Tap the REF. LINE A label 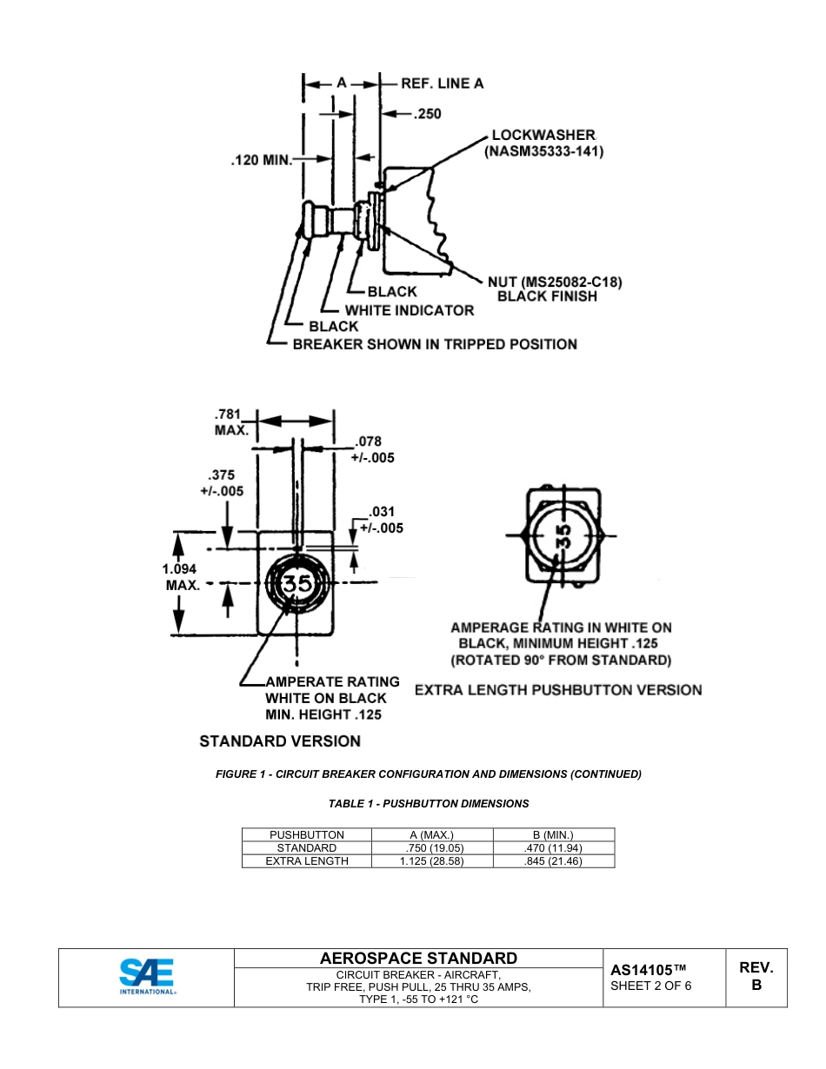click(442, 83)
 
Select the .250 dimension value click(427, 114)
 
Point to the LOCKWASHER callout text click(543, 135)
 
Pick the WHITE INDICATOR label click(410, 310)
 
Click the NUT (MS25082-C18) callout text click(555, 282)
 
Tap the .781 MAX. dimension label click(231, 422)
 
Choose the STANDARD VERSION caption click(280, 741)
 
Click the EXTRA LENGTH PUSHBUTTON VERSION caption click(558, 690)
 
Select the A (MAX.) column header click(432, 835)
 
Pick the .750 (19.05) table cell click(432, 848)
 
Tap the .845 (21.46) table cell click(554, 861)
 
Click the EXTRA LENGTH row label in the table click(307, 861)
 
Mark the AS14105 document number click(649, 969)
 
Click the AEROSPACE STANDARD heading click(418, 958)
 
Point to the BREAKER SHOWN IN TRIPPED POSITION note click(434, 344)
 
